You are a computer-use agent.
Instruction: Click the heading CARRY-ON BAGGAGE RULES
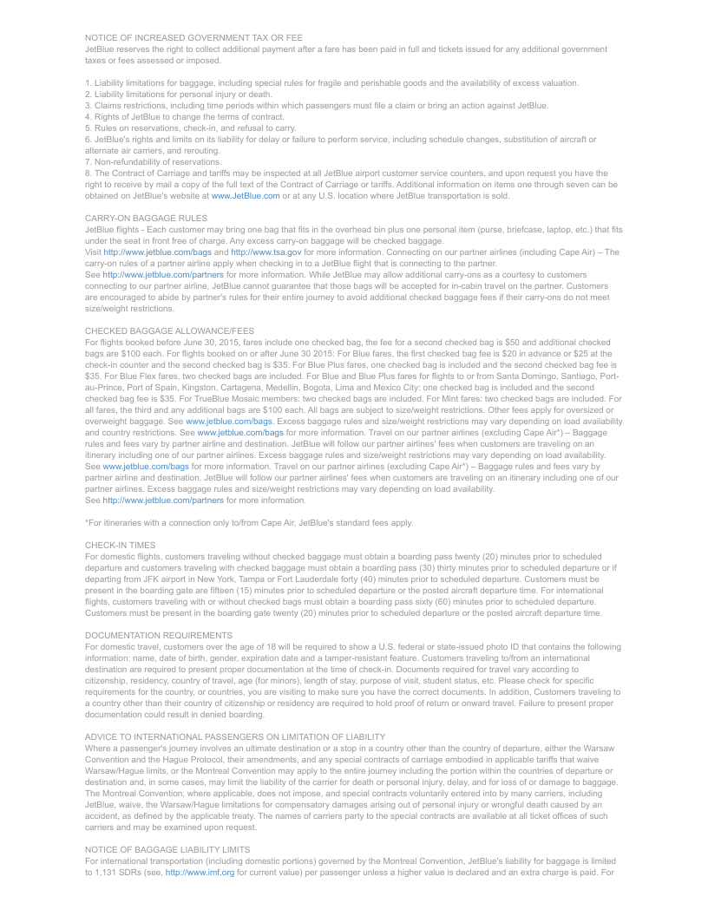click(x=146, y=218)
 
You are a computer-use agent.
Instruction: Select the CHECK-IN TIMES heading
click(x=121, y=545)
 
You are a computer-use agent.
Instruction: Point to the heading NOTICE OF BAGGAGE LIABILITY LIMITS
click(x=167, y=851)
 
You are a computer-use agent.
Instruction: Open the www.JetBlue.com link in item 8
click(x=246, y=196)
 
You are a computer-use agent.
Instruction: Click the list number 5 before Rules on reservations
click(x=88, y=128)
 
